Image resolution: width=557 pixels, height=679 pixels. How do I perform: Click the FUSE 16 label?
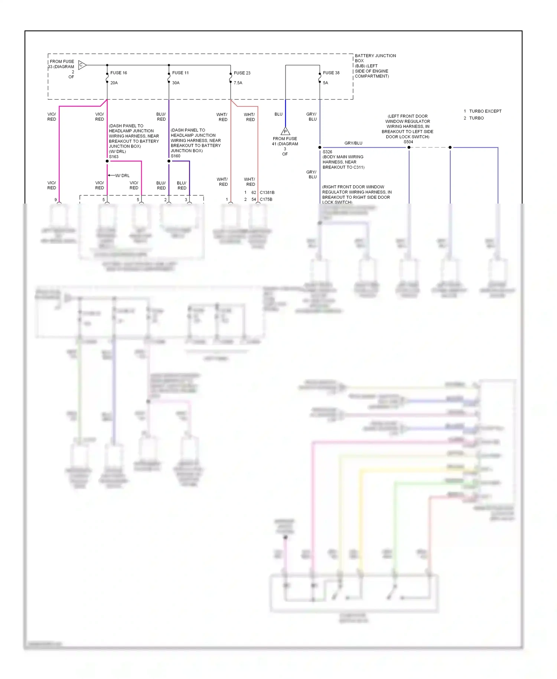(118, 73)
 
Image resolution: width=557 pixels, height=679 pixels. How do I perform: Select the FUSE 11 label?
(180, 73)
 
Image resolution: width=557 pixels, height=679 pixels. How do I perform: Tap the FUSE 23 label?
(242, 73)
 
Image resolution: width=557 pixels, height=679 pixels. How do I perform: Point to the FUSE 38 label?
(331, 73)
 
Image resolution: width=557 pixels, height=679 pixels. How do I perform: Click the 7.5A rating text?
(238, 83)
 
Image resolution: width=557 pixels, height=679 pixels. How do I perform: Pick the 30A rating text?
(176, 83)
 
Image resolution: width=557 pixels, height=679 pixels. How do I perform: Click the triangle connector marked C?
(82, 65)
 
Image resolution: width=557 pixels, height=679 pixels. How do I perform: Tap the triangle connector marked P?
(285, 131)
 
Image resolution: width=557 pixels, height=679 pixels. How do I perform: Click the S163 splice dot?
(107, 161)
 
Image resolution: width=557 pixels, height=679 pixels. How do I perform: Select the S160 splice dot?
(169, 161)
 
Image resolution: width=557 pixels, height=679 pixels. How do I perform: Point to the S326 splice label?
(328, 152)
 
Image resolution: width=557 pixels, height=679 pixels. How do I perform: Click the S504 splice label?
(408, 142)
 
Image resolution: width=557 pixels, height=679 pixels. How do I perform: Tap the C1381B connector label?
(267, 192)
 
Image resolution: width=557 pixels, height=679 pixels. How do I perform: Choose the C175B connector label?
(266, 199)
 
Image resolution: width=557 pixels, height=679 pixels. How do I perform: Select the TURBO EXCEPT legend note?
(485, 111)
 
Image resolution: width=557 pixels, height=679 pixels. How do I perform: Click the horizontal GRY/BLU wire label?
(353, 143)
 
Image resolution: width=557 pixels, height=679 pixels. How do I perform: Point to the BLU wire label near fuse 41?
(278, 114)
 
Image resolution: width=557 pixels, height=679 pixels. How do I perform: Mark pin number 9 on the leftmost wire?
(56, 200)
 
